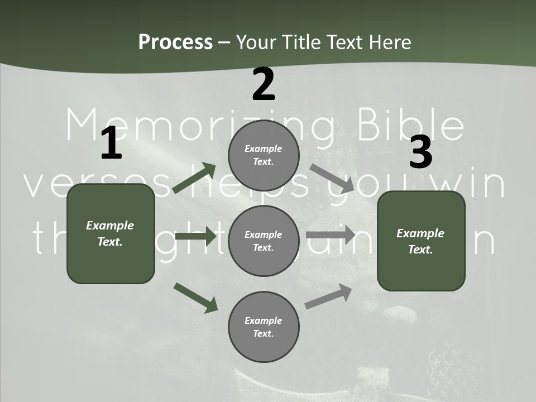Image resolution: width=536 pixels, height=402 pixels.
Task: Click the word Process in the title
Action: (175, 42)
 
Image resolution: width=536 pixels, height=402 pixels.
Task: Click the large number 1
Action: (111, 143)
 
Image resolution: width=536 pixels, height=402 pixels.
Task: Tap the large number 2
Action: (264, 85)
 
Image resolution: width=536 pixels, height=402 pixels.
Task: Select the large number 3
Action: (420, 152)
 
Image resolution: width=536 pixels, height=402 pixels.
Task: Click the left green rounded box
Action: (111, 233)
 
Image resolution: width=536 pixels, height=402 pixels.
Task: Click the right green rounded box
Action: (421, 241)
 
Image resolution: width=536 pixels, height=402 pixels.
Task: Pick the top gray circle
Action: (264, 155)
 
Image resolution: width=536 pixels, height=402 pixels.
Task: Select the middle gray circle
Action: (264, 241)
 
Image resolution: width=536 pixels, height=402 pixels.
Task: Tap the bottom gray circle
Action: (264, 327)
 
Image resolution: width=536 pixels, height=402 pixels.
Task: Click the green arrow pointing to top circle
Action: (194, 178)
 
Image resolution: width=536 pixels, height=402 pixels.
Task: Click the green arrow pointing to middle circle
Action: (195, 236)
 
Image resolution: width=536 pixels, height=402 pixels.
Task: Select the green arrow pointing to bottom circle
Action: (195, 297)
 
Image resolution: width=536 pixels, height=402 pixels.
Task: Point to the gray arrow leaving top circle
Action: (332, 178)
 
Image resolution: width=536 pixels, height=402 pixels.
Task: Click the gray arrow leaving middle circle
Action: (331, 235)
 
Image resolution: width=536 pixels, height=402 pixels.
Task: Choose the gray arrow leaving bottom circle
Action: (328, 296)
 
